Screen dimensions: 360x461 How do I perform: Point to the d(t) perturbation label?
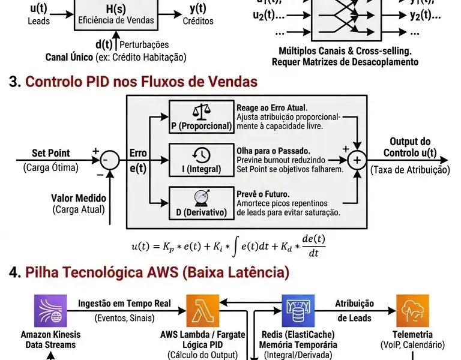[x=105, y=44]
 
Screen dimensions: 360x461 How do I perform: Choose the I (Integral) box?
[x=201, y=160]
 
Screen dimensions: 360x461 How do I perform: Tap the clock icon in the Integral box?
[x=201, y=154]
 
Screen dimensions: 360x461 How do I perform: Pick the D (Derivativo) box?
[x=201, y=202]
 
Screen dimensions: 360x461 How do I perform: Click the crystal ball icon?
[x=201, y=197]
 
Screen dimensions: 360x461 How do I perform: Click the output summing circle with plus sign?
[x=357, y=160]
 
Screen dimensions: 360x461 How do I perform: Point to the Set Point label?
[x=51, y=154]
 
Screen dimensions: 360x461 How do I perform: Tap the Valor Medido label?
[x=79, y=198]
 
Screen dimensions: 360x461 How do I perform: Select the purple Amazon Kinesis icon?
[x=50, y=311]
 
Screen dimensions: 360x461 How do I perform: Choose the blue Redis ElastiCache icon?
[x=298, y=311]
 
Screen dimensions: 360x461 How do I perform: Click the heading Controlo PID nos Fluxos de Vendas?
[x=141, y=82]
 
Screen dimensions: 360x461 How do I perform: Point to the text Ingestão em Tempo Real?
[x=124, y=304]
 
